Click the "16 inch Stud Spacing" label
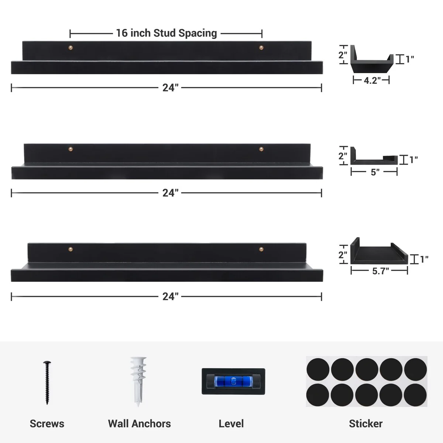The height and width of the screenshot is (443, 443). pyautogui.click(x=166, y=33)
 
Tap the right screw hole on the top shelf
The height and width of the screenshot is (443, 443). pyautogui.click(x=261, y=47)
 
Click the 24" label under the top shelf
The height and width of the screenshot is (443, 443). pyautogui.click(x=170, y=88)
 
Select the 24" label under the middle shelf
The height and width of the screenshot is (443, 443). pyautogui.click(x=170, y=193)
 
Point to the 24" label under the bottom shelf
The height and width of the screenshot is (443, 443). pyautogui.click(x=170, y=296)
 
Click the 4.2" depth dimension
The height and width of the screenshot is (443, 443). pyautogui.click(x=372, y=80)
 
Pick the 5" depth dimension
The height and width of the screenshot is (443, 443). pyautogui.click(x=375, y=172)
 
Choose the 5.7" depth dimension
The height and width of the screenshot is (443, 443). pyautogui.click(x=380, y=271)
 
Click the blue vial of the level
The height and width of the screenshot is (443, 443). pyautogui.click(x=233, y=381)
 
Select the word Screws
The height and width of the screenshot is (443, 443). pyautogui.click(x=47, y=423)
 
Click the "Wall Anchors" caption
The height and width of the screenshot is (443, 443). pyautogui.click(x=139, y=423)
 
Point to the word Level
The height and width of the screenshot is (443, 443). pyautogui.click(x=231, y=423)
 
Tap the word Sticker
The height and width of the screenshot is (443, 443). pyautogui.click(x=365, y=423)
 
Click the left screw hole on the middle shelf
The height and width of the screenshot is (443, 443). pyautogui.click(x=71, y=149)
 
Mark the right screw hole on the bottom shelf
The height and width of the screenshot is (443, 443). pyautogui.click(x=261, y=249)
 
